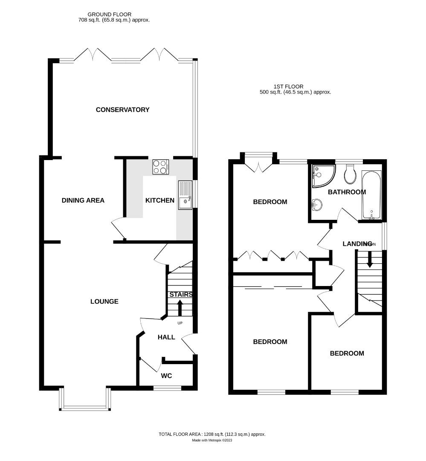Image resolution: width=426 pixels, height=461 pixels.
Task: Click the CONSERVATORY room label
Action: (122, 110)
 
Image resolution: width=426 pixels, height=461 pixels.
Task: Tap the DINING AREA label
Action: (83, 200)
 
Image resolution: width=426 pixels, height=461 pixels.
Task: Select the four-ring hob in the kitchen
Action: (160, 166)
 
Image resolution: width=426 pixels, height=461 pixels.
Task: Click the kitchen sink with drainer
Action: (185, 195)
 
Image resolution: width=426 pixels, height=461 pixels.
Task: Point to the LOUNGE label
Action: (104, 301)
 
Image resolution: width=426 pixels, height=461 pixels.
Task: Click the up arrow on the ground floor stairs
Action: (180, 307)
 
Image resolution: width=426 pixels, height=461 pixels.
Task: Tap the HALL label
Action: (166, 337)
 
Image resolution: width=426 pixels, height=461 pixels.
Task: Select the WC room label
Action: (166, 376)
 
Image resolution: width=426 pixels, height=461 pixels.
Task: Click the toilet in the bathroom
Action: (351, 173)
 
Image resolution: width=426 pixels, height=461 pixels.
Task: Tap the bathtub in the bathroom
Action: (371, 195)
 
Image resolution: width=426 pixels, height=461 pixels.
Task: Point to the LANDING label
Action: (357, 244)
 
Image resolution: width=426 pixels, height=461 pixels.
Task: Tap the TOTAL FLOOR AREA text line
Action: (212, 434)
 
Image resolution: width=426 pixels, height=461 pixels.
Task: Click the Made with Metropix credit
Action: (212, 441)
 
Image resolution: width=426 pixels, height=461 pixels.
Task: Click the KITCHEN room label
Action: (160, 200)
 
